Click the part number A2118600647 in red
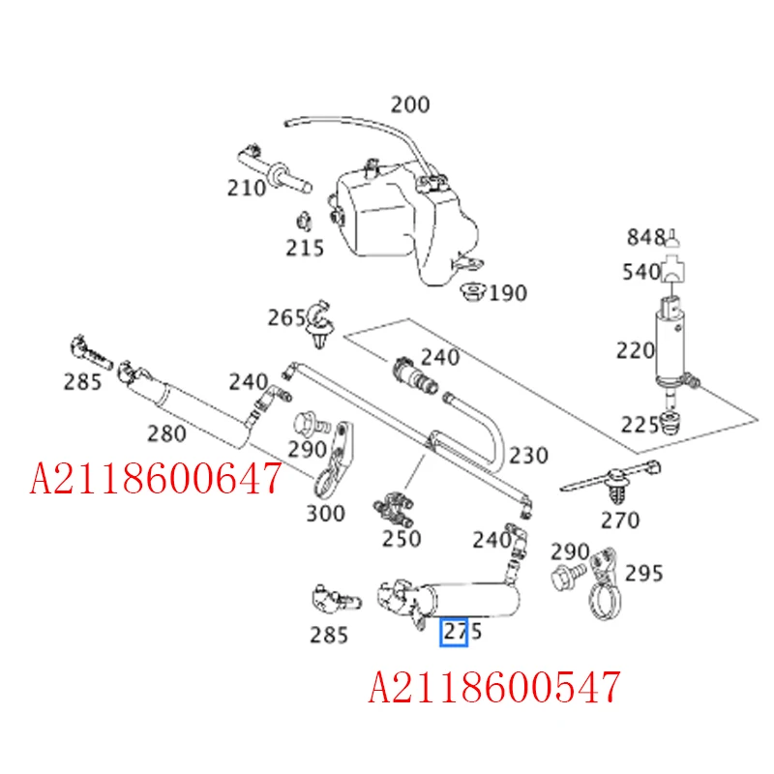coord(156,477)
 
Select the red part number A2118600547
coord(494,687)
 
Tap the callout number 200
coord(410,104)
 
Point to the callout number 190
coord(508,292)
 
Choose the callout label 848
coord(645,237)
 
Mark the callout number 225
coord(640,424)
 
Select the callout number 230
coord(528,455)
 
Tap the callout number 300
coord(325,513)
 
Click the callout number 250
coord(401,539)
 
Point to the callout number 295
coord(643,573)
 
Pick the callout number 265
coord(287,317)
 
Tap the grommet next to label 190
coord(474,289)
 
